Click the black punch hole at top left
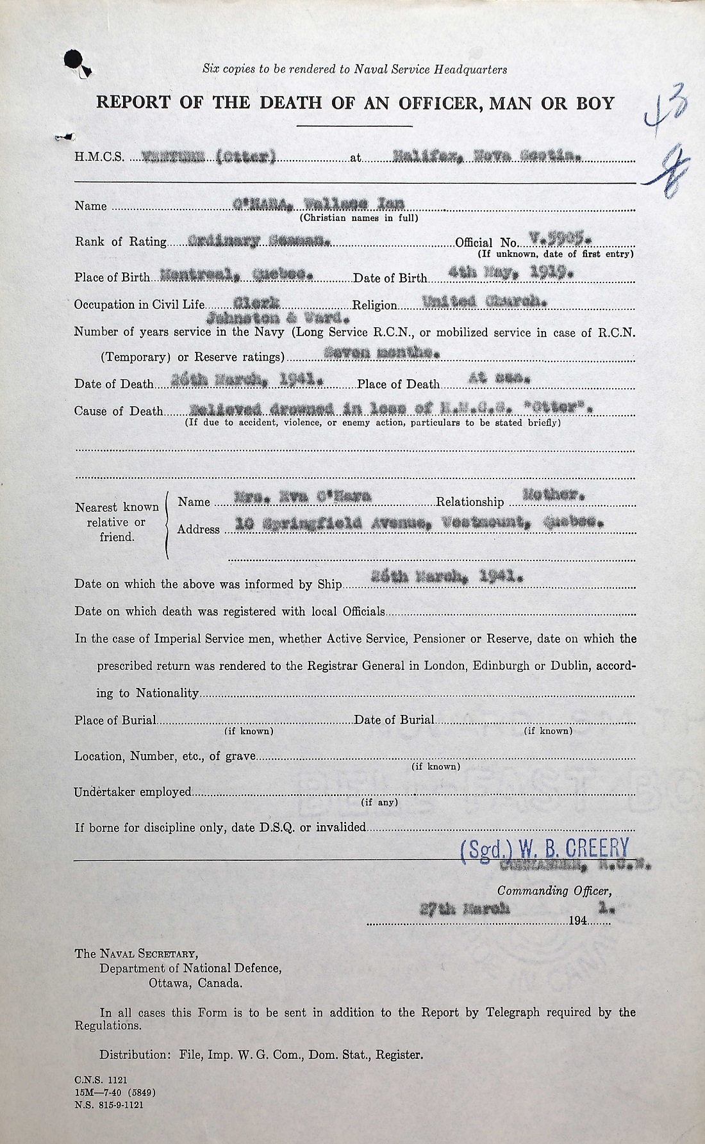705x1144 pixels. point(73,60)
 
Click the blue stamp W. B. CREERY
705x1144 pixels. point(545,849)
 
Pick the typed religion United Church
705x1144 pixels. point(484,301)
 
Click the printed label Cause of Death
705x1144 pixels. point(119,411)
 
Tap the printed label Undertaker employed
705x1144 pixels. point(133,792)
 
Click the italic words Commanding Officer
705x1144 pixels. point(554,891)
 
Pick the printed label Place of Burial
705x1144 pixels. point(115,720)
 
